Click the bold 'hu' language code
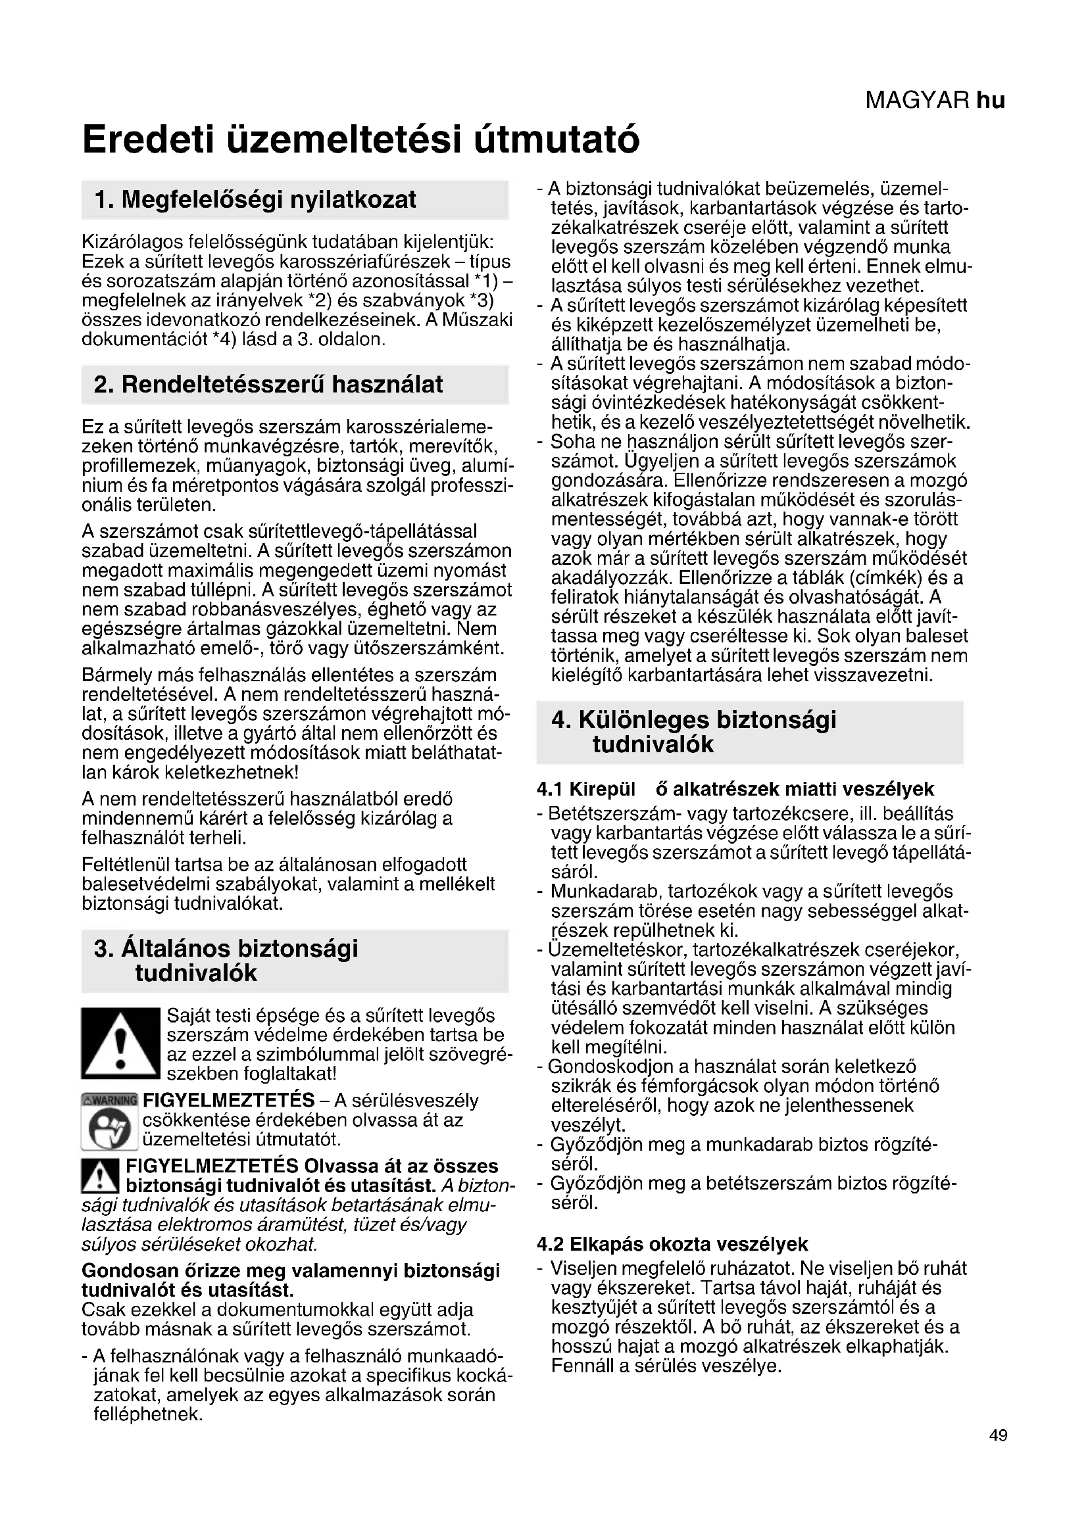[x=991, y=101]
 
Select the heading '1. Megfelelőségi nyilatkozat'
[x=255, y=200]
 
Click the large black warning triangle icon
[x=120, y=1043]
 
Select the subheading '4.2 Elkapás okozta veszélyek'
[x=672, y=1244]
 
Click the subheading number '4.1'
[x=550, y=789]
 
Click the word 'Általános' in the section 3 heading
[x=176, y=949]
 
